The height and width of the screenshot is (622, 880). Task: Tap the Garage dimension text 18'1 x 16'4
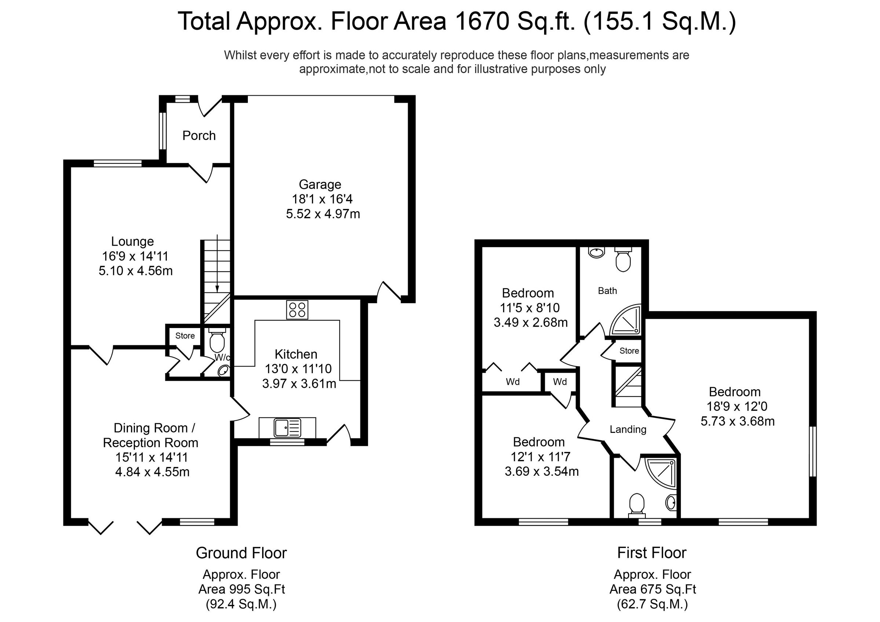click(x=322, y=199)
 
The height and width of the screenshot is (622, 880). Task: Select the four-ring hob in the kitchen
click(x=297, y=310)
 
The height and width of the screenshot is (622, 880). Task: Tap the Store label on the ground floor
click(x=185, y=336)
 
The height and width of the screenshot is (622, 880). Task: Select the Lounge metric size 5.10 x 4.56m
click(x=136, y=271)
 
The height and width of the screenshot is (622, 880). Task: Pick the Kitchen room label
click(x=296, y=354)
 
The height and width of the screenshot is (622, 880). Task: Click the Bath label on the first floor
click(x=608, y=291)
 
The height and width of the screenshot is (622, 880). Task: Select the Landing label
click(x=628, y=430)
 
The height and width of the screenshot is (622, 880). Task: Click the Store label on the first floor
click(x=629, y=351)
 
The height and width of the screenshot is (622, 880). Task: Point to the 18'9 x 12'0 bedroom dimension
click(x=737, y=406)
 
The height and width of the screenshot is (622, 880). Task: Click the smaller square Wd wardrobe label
click(x=560, y=382)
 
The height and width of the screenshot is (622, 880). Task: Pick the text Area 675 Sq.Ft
click(x=652, y=589)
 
